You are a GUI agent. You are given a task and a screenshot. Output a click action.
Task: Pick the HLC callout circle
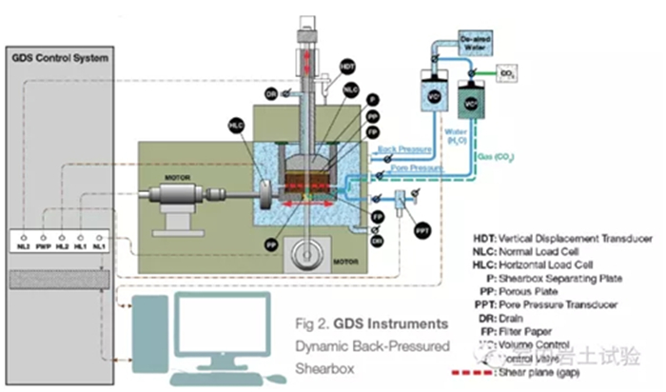coord(237,125)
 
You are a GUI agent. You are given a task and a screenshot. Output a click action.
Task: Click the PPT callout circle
coord(421,228)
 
